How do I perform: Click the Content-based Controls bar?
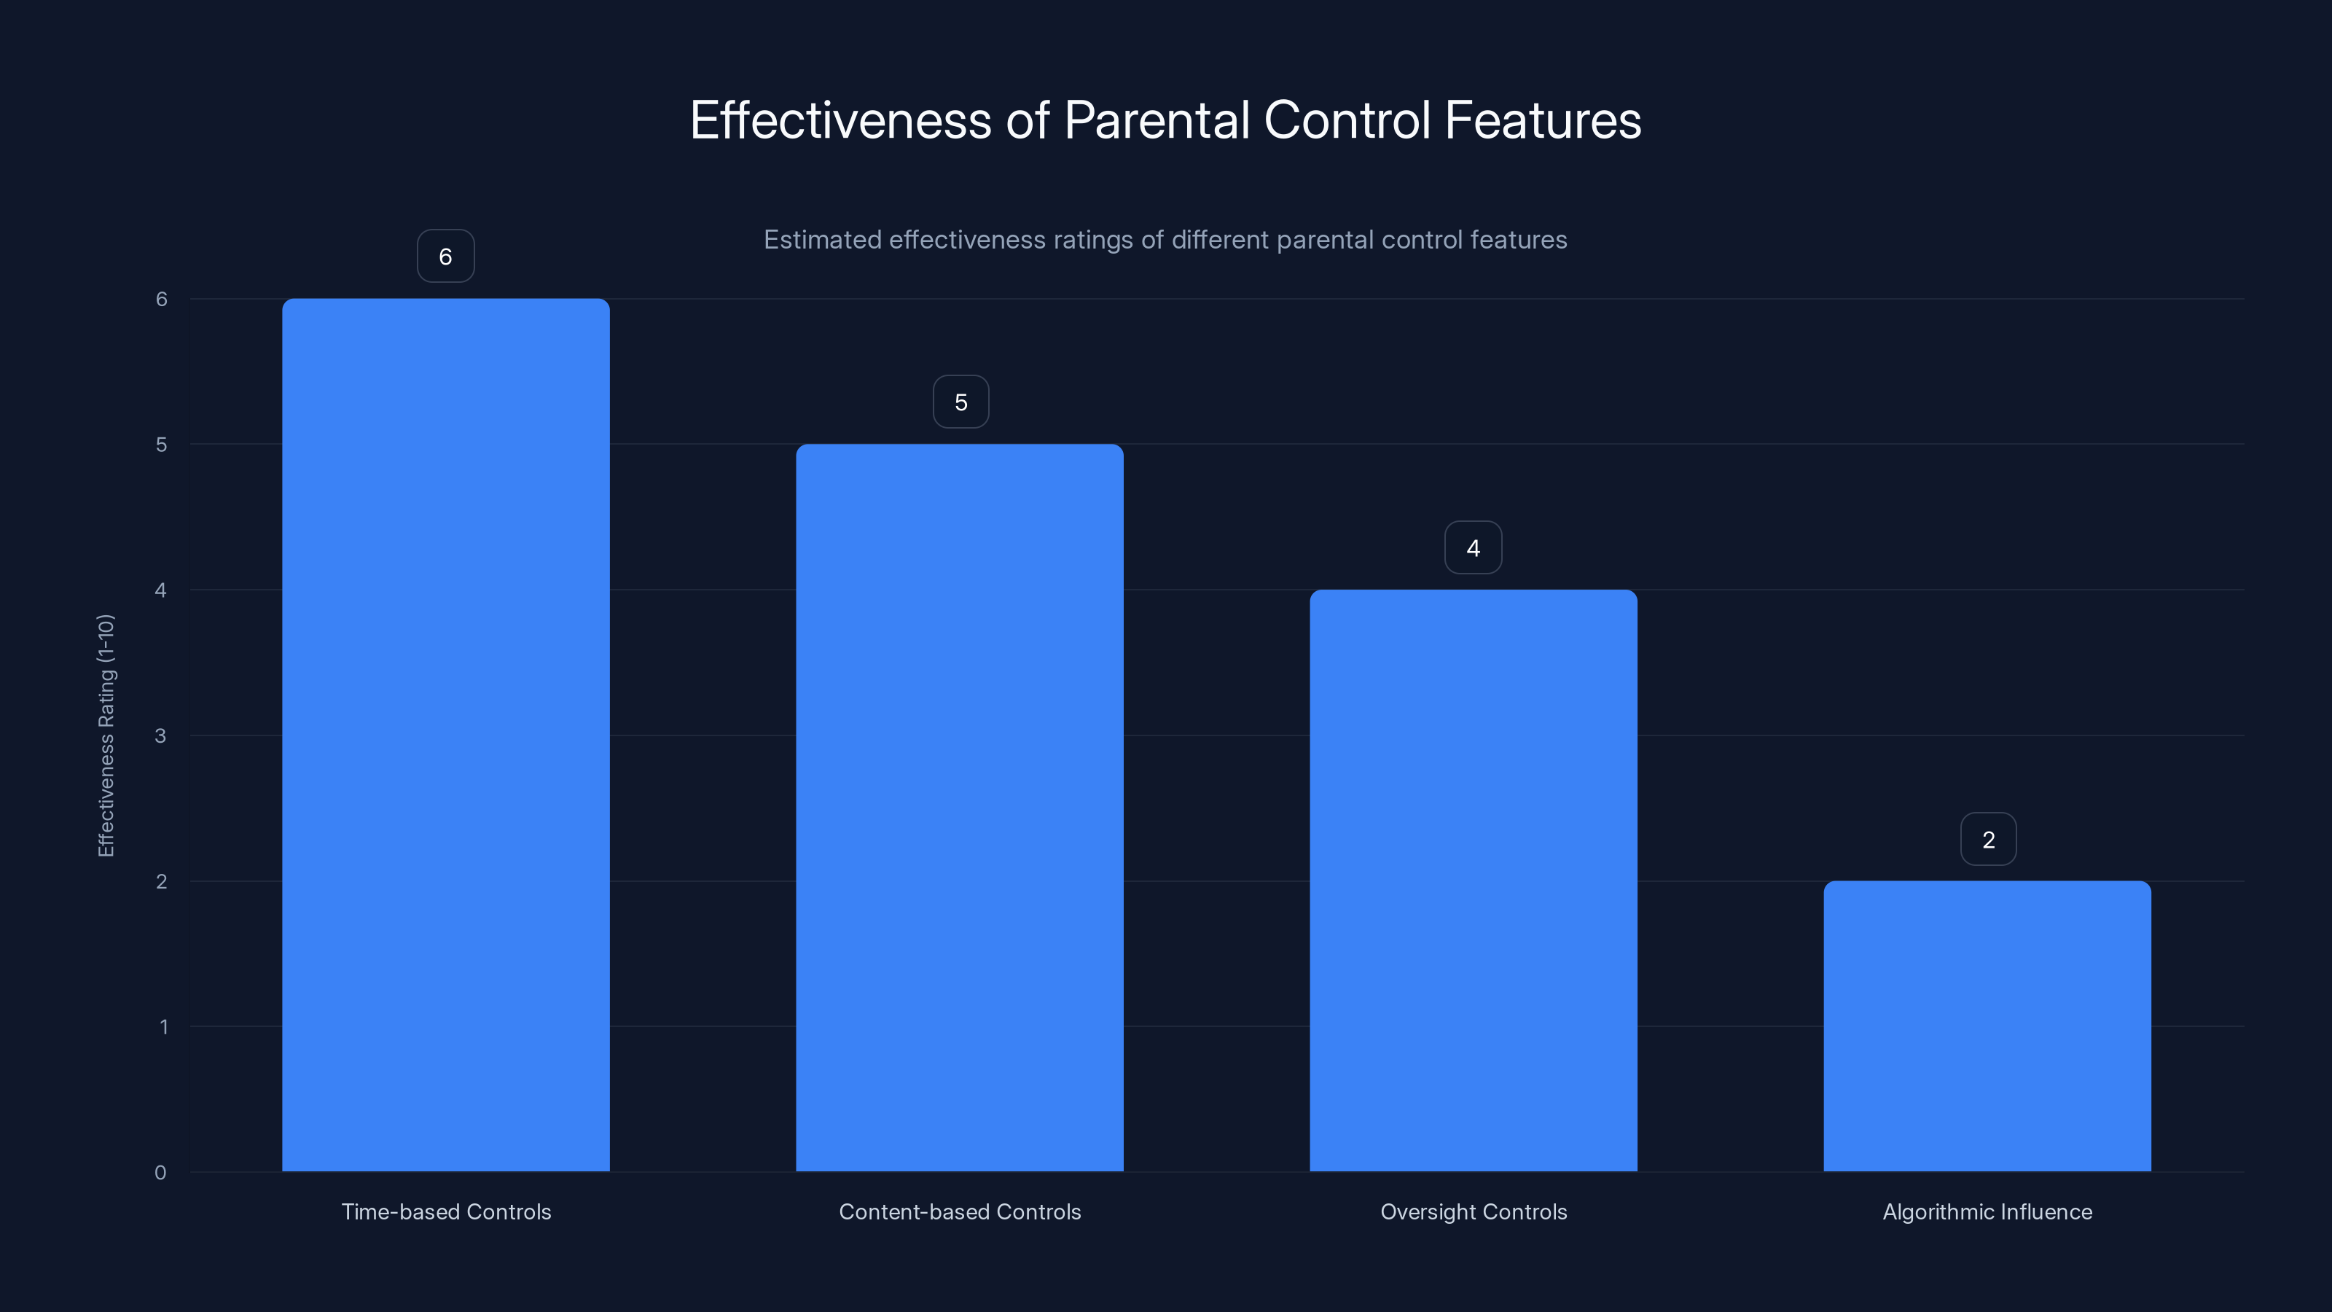(x=960, y=807)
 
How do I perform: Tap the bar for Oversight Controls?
(x=1473, y=880)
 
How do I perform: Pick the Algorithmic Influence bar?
(x=1987, y=1026)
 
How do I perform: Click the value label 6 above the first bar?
(x=445, y=257)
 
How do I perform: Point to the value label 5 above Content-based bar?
(x=960, y=402)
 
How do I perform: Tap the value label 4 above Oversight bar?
(x=1473, y=548)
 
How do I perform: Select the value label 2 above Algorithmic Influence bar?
(x=1988, y=840)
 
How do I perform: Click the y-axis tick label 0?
(x=160, y=1173)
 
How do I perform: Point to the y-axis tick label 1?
(x=163, y=1027)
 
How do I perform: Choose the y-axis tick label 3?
(x=160, y=735)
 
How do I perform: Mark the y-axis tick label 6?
(x=161, y=299)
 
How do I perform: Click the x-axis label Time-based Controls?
(x=445, y=1211)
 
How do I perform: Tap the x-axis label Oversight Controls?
(x=1473, y=1211)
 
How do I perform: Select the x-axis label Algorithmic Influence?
(x=1987, y=1211)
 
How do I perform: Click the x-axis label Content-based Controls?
(x=960, y=1211)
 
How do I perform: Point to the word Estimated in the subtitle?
(x=822, y=240)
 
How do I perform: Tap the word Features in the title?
(x=1543, y=120)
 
